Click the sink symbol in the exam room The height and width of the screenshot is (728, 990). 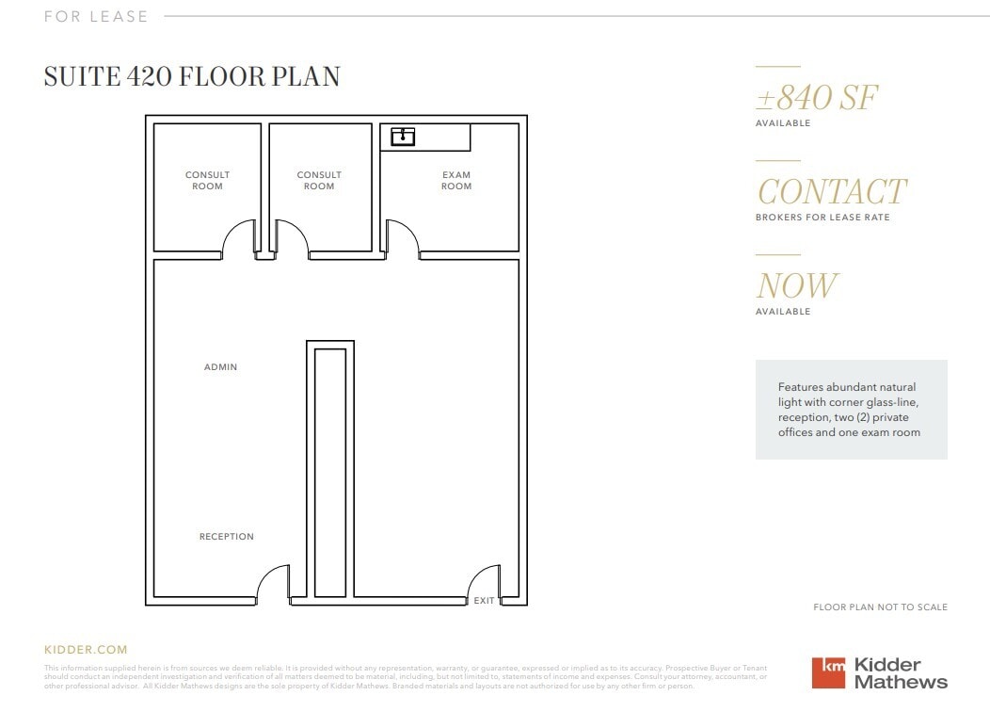pos(403,138)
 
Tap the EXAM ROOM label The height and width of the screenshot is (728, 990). pos(456,181)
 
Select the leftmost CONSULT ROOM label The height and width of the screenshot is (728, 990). pos(207,181)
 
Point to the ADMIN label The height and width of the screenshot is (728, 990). pos(221,367)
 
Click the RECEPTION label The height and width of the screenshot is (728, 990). pos(227,537)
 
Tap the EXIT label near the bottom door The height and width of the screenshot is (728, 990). pos(484,601)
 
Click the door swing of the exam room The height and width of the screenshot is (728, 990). pos(401,237)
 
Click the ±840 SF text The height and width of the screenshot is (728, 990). pos(817,98)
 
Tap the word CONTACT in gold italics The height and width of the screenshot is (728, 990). pos(831,192)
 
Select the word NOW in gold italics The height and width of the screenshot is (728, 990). pos(796,286)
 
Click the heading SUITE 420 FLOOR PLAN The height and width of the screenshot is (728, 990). pos(192,77)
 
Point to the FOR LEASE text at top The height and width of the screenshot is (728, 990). pos(96,16)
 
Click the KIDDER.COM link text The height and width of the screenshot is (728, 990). pos(86,650)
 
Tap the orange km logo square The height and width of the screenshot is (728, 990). pos(829,672)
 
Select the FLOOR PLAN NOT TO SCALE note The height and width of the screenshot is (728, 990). pos(880,607)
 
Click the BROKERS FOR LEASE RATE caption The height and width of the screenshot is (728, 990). pos(822,218)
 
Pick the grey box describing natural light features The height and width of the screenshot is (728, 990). pos(851,410)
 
